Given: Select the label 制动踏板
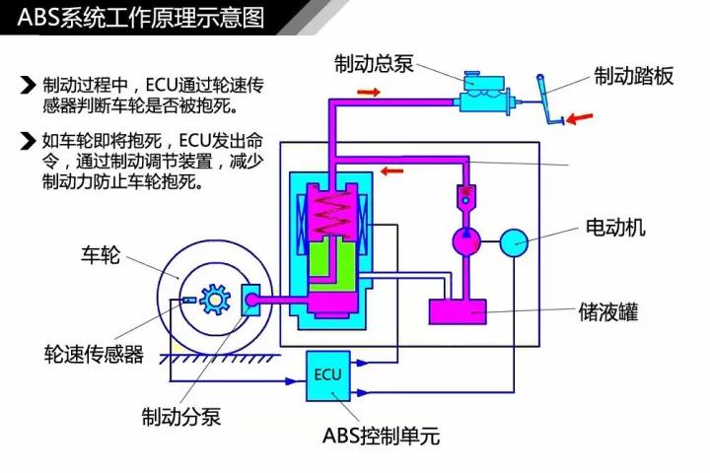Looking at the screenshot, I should point(634,76).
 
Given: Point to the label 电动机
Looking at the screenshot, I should point(615,229).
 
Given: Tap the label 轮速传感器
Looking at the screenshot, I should point(94,354).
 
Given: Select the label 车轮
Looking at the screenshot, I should point(100,257).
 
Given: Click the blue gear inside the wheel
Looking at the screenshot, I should point(213,300).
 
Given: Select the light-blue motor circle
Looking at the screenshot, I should point(515,241).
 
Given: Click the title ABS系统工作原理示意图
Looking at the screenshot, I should point(134,16).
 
